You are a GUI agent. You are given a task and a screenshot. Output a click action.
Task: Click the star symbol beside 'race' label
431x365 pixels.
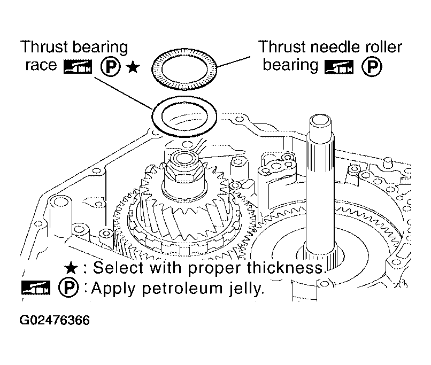click(x=133, y=67)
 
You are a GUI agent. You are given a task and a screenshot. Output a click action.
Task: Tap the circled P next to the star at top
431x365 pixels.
click(x=111, y=67)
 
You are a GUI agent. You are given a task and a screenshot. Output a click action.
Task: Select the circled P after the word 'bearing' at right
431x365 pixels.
click(x=372, y=67)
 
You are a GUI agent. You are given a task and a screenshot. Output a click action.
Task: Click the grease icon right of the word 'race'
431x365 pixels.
click(x=78, y=67)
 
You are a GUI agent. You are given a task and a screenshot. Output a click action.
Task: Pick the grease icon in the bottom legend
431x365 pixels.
click(x=36, y=288)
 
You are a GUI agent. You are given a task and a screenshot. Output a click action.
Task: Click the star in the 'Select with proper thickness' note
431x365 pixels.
click(x=71, y=268)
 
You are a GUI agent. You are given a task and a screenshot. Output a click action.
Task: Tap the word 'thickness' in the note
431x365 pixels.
click(x=286, y=267)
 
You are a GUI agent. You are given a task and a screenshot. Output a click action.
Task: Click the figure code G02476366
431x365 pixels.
click(x=55, y=321)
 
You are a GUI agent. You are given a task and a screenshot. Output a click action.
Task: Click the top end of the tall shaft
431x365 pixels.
click(x=320, y=121)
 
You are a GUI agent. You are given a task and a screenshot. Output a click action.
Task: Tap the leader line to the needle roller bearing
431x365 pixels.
click(x=233, y=62)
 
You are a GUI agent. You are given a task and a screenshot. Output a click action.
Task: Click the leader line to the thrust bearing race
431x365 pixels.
click(x=124, y=93)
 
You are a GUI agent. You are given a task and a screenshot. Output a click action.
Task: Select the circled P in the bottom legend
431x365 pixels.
click(x=68, y=288)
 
